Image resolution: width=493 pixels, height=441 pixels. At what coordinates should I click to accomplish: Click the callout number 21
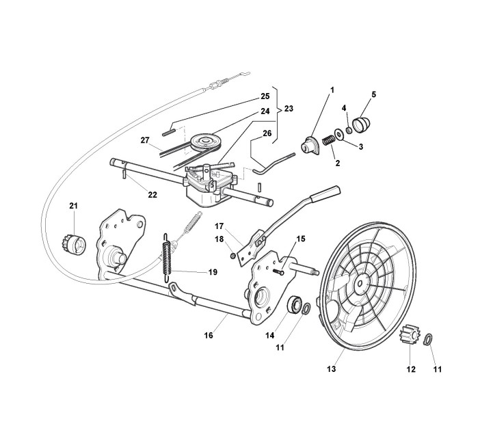[73, 206]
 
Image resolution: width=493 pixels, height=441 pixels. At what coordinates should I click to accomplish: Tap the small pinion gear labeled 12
[408, 336]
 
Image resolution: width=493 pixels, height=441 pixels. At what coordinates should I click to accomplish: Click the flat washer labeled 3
[340, 135]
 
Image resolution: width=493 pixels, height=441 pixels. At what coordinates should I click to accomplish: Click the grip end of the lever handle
[325, 193]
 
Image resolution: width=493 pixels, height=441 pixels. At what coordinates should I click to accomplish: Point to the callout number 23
[289, 109]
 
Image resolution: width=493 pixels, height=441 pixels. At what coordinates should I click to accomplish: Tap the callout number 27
[144, 140]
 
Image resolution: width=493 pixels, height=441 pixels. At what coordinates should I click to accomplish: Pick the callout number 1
[332, 90]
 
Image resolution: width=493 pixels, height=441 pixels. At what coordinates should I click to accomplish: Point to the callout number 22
[152, 194]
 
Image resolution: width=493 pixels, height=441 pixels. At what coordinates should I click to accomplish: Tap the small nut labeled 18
[235, 256]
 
